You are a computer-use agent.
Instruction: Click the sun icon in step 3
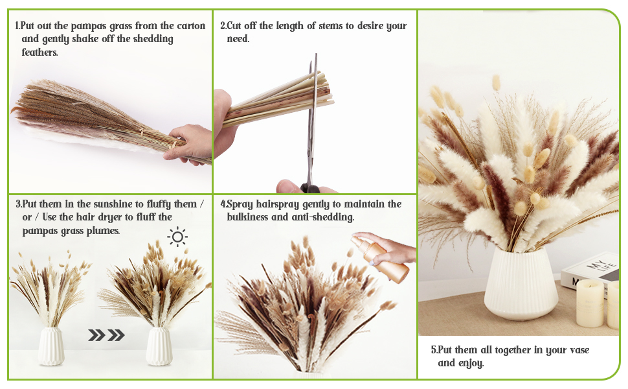point(177,237)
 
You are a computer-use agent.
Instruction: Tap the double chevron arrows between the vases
point(106,335)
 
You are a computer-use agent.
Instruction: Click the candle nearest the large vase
point(589,303)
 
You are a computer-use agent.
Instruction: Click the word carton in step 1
point(191,26)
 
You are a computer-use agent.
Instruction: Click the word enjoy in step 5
point(470,362)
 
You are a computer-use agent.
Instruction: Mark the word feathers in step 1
point(40,52)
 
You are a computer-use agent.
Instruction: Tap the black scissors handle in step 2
point(310,188)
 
